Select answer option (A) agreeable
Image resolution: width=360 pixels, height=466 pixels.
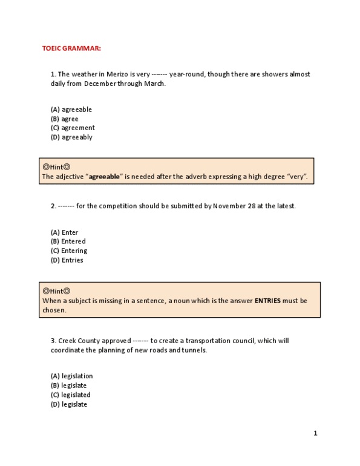71,110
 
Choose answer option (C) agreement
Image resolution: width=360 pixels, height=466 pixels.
73,128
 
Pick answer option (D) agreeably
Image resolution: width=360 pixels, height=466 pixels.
71,137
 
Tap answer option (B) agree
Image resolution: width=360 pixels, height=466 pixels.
64,119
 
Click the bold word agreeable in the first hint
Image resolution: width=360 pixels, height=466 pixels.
106,177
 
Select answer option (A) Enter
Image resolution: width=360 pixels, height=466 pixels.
64,232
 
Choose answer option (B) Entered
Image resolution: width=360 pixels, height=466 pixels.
68,241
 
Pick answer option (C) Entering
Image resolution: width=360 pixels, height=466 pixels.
68,251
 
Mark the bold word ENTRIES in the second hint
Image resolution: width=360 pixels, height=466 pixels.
267,300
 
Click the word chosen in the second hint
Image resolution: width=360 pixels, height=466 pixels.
54,309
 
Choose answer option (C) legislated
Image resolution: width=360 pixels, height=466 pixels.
71,395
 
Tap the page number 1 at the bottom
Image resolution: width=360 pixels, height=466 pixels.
315,433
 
